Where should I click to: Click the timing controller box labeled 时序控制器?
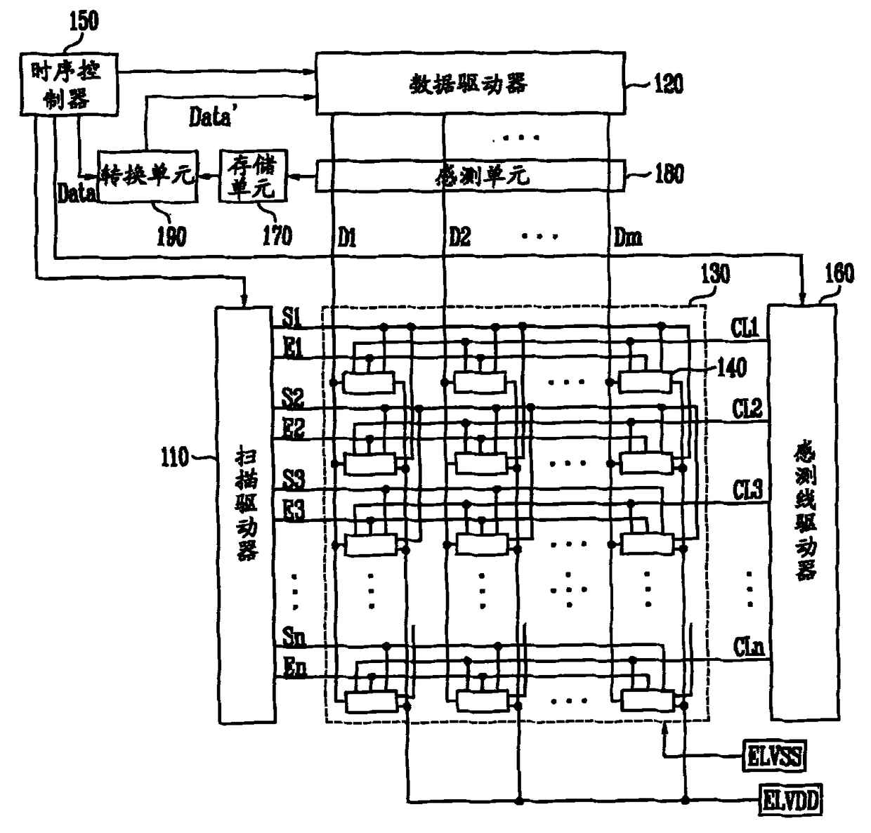point(67,84)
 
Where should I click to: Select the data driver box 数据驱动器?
point(469,83)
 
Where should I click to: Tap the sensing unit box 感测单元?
point(469,175)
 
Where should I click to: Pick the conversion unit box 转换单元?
point(148,176)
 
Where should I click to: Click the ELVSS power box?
point(774,757)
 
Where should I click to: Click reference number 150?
point(83,21)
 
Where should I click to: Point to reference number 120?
point(667,84)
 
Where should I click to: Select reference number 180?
point(669,174)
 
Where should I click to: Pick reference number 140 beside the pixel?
point(731,367)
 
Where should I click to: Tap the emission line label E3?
point(294,511)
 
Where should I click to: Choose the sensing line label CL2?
point(747,408)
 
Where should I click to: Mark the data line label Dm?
point(627,237)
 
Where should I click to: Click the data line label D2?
point(459,237)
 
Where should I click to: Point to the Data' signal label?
point(209,117)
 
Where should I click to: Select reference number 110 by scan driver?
point(175,457)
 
